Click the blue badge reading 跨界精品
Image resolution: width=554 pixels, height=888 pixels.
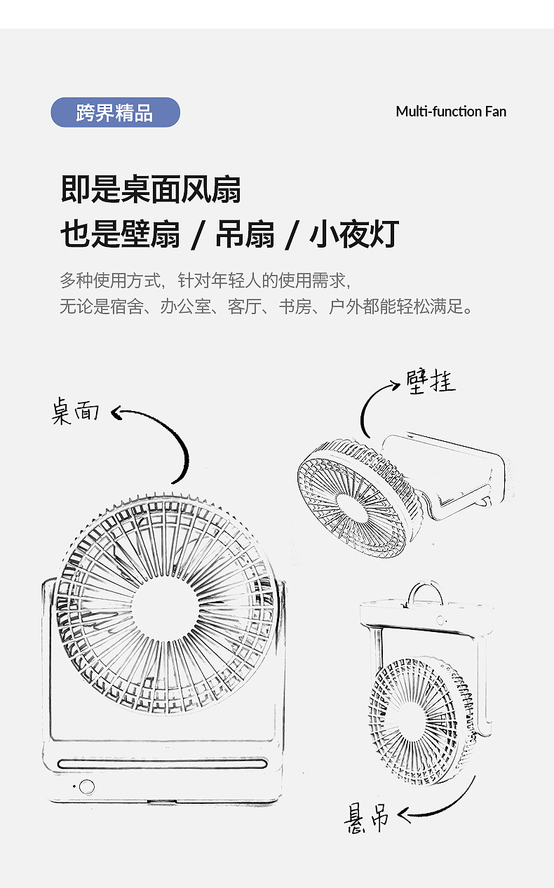(x=115, y=112)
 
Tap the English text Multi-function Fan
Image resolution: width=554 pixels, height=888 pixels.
(x=450, y=112)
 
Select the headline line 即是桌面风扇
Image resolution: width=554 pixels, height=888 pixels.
(x=151, y=189)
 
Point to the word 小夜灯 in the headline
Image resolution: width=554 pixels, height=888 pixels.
(x=354, y=234)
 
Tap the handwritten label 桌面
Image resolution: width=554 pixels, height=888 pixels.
(x=75, y=412)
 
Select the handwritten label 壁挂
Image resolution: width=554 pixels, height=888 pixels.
(x=431, y=382)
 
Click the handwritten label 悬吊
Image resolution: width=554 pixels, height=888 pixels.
(x=367, y=817)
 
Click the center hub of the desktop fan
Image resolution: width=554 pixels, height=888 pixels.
(x=165, y=605)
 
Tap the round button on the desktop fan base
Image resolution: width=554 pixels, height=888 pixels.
(x=86, y=786)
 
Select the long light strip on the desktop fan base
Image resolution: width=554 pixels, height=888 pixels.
(x=163, y=764)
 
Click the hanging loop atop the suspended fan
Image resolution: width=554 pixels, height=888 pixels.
(x=426, y=593)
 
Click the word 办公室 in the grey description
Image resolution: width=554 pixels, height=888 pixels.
(x=185, y=307)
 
